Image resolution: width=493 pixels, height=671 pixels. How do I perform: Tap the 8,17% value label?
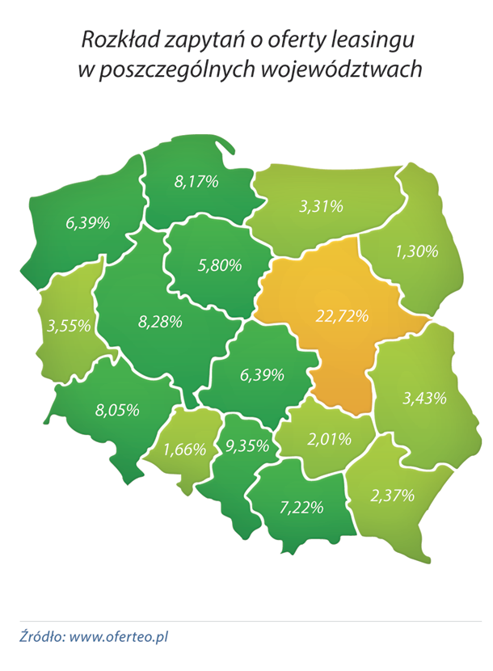coord(196,181)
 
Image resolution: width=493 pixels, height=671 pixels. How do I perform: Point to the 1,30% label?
coord(416,251)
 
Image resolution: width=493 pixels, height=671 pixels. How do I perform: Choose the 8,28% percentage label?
coord(160,322)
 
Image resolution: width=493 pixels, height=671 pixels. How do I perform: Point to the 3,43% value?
coord(424,398)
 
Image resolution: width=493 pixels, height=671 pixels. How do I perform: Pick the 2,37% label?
coord(392,494)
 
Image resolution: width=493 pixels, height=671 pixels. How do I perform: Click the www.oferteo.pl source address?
coord(120,636)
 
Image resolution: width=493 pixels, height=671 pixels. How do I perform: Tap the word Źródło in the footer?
coord(43,636)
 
